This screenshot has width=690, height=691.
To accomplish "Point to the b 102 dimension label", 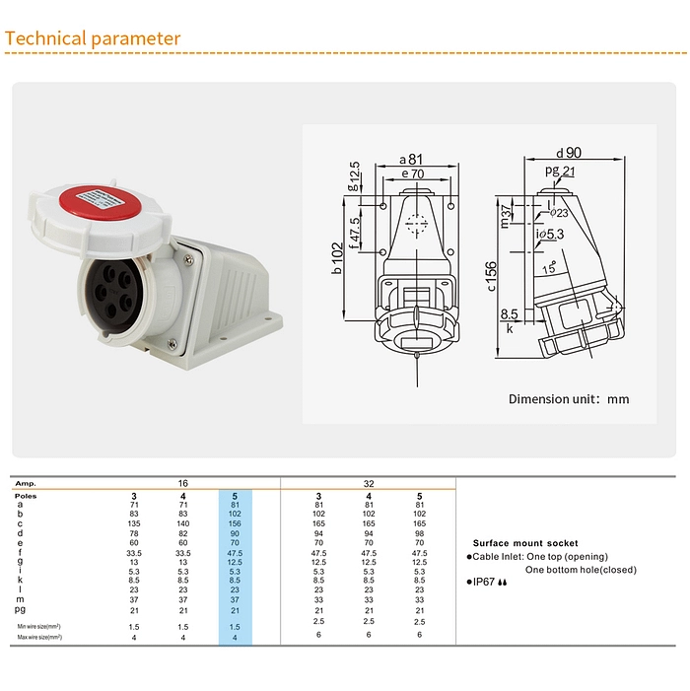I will coord(338,258).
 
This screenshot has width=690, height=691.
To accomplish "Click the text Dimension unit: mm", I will coord(568,399).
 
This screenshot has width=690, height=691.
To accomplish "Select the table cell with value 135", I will coord(134,522).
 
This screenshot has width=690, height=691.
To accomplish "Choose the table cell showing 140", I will coord(182,522).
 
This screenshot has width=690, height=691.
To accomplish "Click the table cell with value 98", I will coord(420,532).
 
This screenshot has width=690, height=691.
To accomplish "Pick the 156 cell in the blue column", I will coord(235,522).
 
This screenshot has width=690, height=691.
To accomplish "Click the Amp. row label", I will coord(28,484).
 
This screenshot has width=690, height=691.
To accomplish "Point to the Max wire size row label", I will coord(39,637).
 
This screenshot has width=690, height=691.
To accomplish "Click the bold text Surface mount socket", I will coord(525,543).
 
